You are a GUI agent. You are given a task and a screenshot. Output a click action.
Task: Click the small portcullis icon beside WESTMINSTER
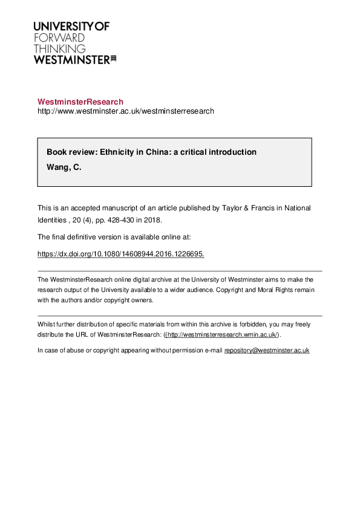click(x=113, y=59)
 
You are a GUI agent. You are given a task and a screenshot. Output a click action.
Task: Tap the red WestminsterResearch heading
click(x=80, y=102)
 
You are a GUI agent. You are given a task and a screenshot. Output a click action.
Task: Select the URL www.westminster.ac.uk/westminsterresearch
click(x=126, y=111)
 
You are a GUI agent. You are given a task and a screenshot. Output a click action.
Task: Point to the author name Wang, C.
click(x=64, y=167)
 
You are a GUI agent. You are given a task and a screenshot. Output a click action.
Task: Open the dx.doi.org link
click(x=121, y=254)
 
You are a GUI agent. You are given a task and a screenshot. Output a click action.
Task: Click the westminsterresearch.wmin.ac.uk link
click(x=222, y=334)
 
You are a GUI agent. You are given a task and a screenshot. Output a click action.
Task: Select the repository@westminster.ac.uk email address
click(x=267, y=350)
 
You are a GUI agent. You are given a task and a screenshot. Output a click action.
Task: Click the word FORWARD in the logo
click(x=59, y=37)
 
